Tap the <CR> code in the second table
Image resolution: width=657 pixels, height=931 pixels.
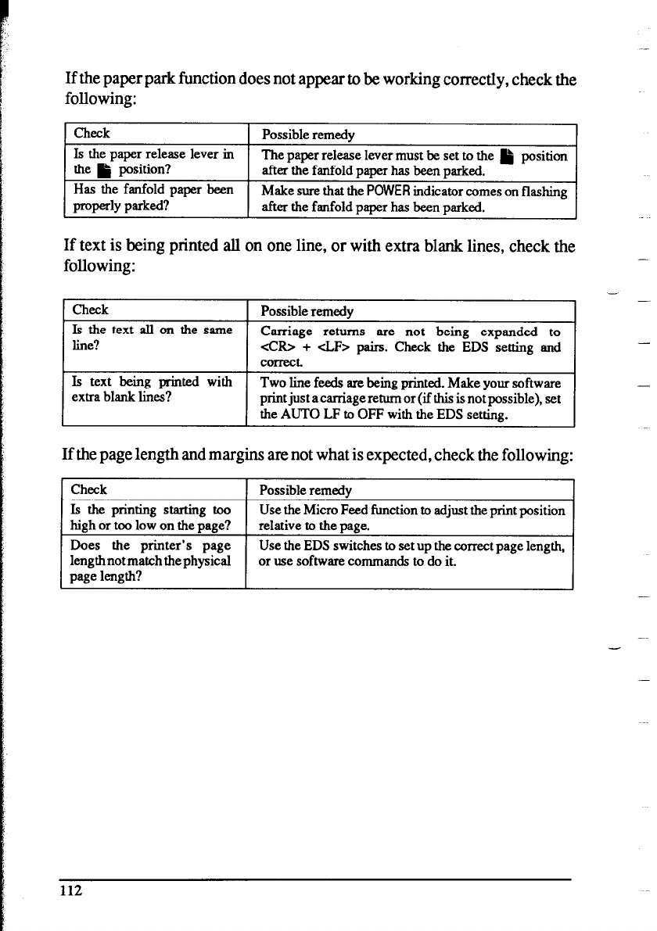pos(275,347)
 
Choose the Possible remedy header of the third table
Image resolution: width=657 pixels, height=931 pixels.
pos(305,491)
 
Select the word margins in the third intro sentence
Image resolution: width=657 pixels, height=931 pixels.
pos(264,455)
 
